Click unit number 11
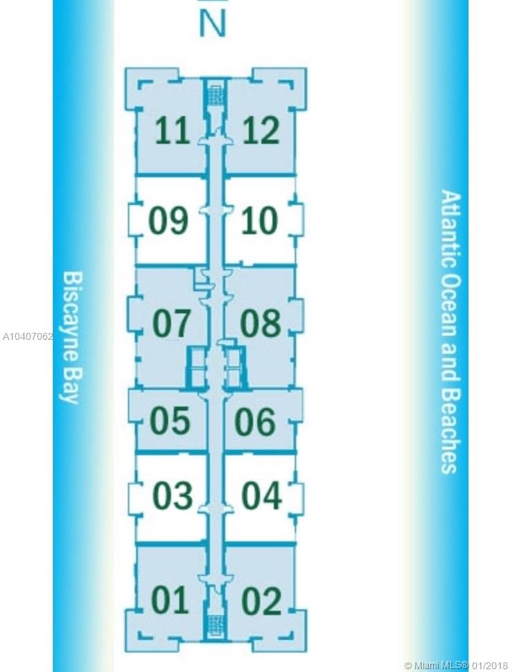[172, 131]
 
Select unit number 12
[261, 131]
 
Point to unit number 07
[171, 323]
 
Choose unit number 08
[261, 323]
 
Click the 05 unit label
[170, 420]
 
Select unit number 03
[172, 496]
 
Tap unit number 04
[261, 496]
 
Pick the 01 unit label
[170, 600]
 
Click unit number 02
[261, 601]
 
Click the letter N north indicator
[213, 24]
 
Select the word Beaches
[450, 431]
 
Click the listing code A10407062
[27, 336]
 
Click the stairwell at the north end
[215, 92]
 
